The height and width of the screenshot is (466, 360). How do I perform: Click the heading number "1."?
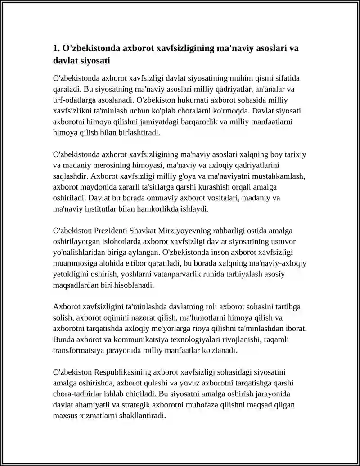click(x=57, y=48)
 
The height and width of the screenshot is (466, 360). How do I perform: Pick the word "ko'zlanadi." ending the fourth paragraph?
click(x=220, y=351)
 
